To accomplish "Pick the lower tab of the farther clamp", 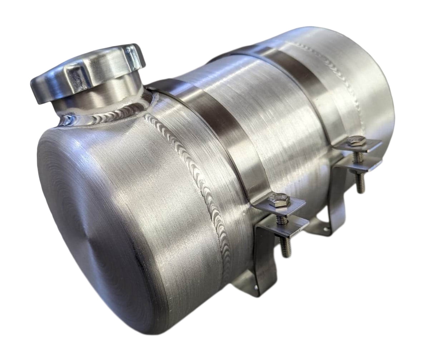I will (354, 172).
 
